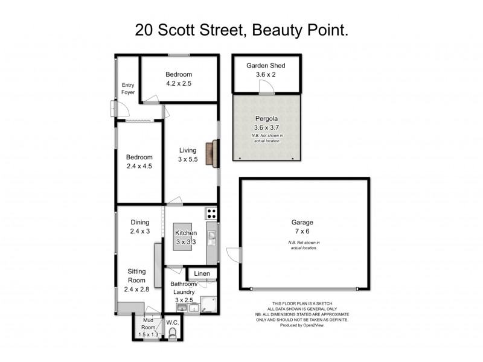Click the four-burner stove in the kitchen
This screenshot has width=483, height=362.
211,212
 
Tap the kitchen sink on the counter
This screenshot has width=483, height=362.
211,235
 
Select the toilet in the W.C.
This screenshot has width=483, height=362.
173,334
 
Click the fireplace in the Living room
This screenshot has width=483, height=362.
211,153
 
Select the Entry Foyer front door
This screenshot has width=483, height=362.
118,109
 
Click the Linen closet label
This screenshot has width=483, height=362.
202,275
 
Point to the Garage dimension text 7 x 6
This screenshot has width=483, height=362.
304,232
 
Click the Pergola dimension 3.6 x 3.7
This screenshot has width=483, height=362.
266,127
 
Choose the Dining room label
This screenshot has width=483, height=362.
139,221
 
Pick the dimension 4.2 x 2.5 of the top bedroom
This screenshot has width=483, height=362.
178,84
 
